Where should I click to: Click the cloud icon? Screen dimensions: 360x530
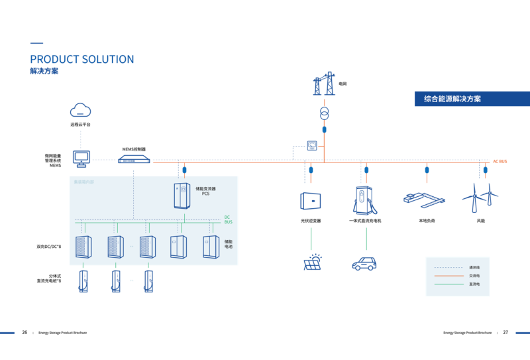[80, 110]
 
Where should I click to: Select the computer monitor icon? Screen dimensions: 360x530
[81, 158]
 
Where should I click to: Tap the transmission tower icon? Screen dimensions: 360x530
[324, 84]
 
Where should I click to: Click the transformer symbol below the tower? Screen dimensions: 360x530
[324, 114]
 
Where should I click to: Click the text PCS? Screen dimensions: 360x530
[205, 194]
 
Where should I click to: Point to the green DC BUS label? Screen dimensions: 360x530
[227, 219]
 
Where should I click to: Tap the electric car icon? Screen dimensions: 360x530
[364, 263]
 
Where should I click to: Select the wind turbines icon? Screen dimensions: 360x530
[480, 198]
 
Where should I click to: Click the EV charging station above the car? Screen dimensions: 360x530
[363, 200]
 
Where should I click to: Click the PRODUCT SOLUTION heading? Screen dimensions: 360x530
[81, 60]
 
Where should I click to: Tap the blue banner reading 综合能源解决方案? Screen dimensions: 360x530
[472, 99]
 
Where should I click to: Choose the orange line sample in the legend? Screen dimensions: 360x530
[447, 275]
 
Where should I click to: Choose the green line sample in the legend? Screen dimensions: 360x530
[447, 284]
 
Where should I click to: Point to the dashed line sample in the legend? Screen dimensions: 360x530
[447, 267]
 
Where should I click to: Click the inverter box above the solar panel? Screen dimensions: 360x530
[311, 200]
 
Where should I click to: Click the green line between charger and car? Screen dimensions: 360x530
[366, 239]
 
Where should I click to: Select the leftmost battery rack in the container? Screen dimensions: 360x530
[83, 247]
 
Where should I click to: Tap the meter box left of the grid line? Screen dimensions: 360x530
[312, 145]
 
